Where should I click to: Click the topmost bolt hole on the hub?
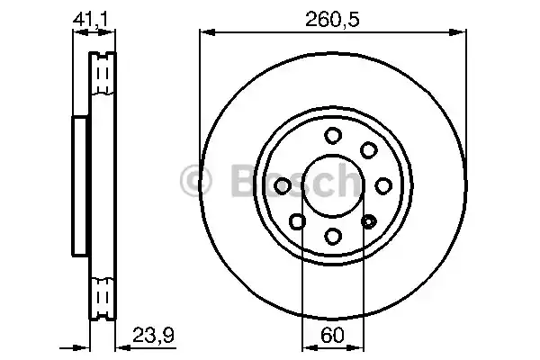pos(333,136)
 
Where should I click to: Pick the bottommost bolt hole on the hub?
pos(333,236)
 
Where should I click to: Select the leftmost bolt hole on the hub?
pos(283,185)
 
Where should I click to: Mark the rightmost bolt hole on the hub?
pos(383,185)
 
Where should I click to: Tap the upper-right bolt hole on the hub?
pos(368,150)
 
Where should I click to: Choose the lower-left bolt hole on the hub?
pos(298,221)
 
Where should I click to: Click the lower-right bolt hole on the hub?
pos(368,220)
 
